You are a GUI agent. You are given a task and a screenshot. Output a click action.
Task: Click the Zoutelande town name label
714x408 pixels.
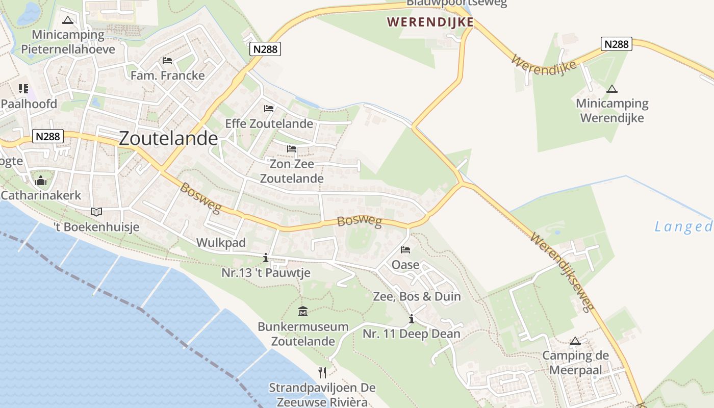coord(168,138)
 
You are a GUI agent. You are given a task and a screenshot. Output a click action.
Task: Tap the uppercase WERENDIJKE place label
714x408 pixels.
coord(430,22)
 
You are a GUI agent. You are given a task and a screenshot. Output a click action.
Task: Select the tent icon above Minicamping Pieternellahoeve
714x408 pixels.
coord(67,20)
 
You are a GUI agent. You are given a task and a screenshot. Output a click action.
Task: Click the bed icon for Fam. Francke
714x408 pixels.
coord(167,61)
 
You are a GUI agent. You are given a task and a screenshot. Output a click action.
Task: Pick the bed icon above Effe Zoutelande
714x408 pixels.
coord(269,108)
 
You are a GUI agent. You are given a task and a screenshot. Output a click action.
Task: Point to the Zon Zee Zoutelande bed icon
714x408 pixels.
coord(292,149)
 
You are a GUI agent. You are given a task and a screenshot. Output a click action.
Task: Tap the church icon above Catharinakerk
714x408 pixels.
coord(41,181)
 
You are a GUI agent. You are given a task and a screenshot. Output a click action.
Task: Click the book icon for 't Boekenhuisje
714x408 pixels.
coord(96,212)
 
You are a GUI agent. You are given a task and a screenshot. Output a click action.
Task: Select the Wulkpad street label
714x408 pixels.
coord(221,242)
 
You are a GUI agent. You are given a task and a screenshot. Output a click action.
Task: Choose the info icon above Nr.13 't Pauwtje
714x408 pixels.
coord(265,258)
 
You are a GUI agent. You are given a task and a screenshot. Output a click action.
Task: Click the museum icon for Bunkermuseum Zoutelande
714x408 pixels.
coord(303,311)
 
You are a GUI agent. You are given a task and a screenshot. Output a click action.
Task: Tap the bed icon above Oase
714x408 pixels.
coord(405,250)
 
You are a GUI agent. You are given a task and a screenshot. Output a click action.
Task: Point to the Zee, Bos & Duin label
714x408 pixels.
coord(417,296)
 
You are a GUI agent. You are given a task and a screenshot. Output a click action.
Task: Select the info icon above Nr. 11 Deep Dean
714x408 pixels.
coord(412,319)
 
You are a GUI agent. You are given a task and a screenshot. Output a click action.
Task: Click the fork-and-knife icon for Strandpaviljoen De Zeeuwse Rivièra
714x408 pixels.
coord(322,372)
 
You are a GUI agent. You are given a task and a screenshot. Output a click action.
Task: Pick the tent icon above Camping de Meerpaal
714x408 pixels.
coord(575,341)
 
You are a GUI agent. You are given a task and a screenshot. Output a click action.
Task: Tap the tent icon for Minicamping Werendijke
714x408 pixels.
coord(612,89)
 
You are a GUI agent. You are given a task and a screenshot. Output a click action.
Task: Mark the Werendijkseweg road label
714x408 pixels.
coord(563,272)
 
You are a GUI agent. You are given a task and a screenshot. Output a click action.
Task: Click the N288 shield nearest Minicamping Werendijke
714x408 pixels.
coord(616,44)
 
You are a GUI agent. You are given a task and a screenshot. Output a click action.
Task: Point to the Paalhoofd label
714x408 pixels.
coord(29,104)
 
